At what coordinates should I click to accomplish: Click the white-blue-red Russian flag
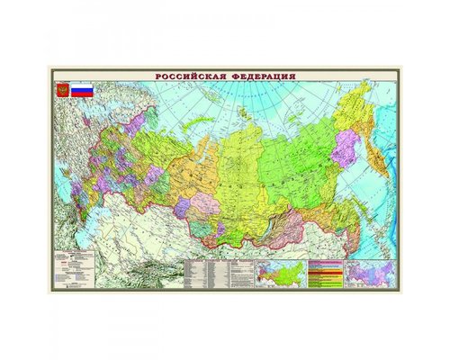tap(84, 91)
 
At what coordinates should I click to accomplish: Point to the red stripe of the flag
tap(84, 95)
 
